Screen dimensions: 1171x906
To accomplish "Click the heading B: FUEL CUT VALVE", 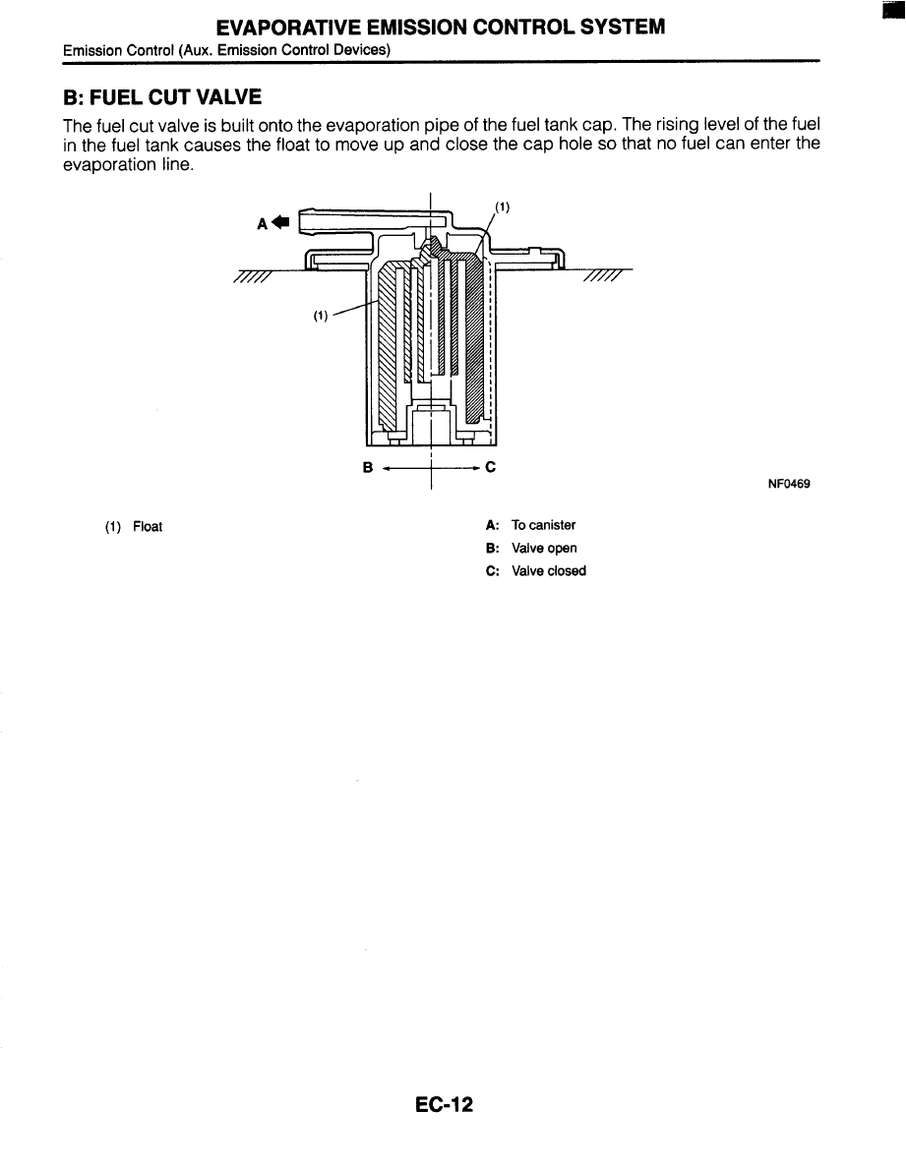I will [x=162, y=98].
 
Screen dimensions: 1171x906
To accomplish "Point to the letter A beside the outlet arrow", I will [x=262, y=223].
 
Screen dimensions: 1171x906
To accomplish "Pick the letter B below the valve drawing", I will [x=368, y=468].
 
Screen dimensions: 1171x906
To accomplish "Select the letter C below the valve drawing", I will [x=490, y=468].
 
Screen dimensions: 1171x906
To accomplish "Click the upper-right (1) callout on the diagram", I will [x=502, y=207].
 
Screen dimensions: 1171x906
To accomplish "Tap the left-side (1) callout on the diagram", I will [x=320, y=317].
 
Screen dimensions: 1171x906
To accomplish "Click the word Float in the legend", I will [x=148, y=527].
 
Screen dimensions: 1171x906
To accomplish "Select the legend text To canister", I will [x=543, y=525].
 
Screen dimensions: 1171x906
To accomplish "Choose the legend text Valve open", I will [x=544, y=548].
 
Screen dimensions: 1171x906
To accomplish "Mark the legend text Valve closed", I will [x=548, y=571].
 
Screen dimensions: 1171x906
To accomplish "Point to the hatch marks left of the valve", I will [x=254, y=279].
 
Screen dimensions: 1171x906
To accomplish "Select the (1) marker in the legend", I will [x=112, y=527].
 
